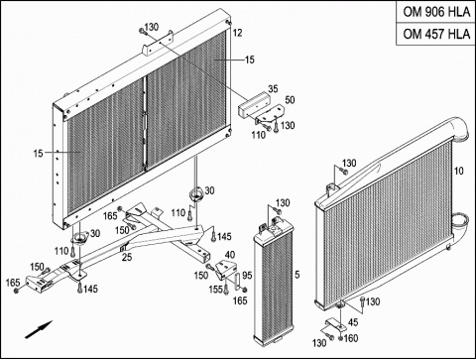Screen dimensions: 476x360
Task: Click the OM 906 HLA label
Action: coord(436,12)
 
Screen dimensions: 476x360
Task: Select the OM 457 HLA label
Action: coord(436,34)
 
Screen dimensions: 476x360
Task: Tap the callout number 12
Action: coord(237,33)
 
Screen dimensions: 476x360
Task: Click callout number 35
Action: coord(273,89)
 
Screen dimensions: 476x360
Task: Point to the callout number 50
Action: coord(290,100)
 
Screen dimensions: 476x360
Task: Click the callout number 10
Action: coord(459,171)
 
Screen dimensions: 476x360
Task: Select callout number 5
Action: coord(297,275)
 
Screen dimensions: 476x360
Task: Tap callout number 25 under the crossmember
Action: coord(127,257)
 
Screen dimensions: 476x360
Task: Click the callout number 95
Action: coord(247,275)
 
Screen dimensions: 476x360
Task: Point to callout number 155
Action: coord(215,290)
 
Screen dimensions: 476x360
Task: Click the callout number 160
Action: coord(351,338)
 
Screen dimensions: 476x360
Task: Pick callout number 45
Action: coord(353,322)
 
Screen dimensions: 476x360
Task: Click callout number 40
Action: coord(230,255)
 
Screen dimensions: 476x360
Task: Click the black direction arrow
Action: coord(39,329)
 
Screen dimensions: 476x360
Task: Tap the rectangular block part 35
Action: coord(254,104)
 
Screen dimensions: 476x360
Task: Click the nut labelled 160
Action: coord(340,338)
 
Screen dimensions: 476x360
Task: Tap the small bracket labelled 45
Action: coord(335,324)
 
